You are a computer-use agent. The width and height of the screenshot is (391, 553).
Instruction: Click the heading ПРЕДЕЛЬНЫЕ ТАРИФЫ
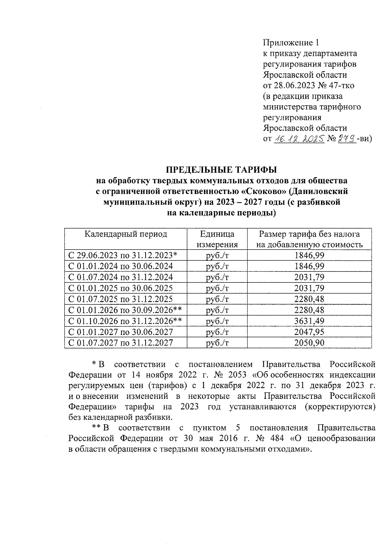(x=222, y=170)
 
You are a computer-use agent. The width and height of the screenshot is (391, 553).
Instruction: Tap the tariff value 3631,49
(x=309, y=321)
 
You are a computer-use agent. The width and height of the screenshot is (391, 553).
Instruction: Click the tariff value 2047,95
(x=309, y=332)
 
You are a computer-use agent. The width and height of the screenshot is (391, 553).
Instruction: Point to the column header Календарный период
(x=126, y=234)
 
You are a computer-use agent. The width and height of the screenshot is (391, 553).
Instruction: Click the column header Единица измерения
(x=217, y=240)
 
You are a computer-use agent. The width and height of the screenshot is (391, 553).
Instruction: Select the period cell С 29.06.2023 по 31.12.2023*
(x=123, y=255)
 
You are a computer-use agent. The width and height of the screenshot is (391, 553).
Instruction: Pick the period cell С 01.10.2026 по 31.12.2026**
(x=125, y=321)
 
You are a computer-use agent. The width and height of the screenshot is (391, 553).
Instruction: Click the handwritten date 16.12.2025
(x=299, y=139)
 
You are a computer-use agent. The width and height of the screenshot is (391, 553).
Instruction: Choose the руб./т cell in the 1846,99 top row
(x=217, y=255)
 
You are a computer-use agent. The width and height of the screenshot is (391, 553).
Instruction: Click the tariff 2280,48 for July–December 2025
(x=309, y=299)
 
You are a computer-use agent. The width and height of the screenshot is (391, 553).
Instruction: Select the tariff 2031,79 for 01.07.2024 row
(x=309, y=277)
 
